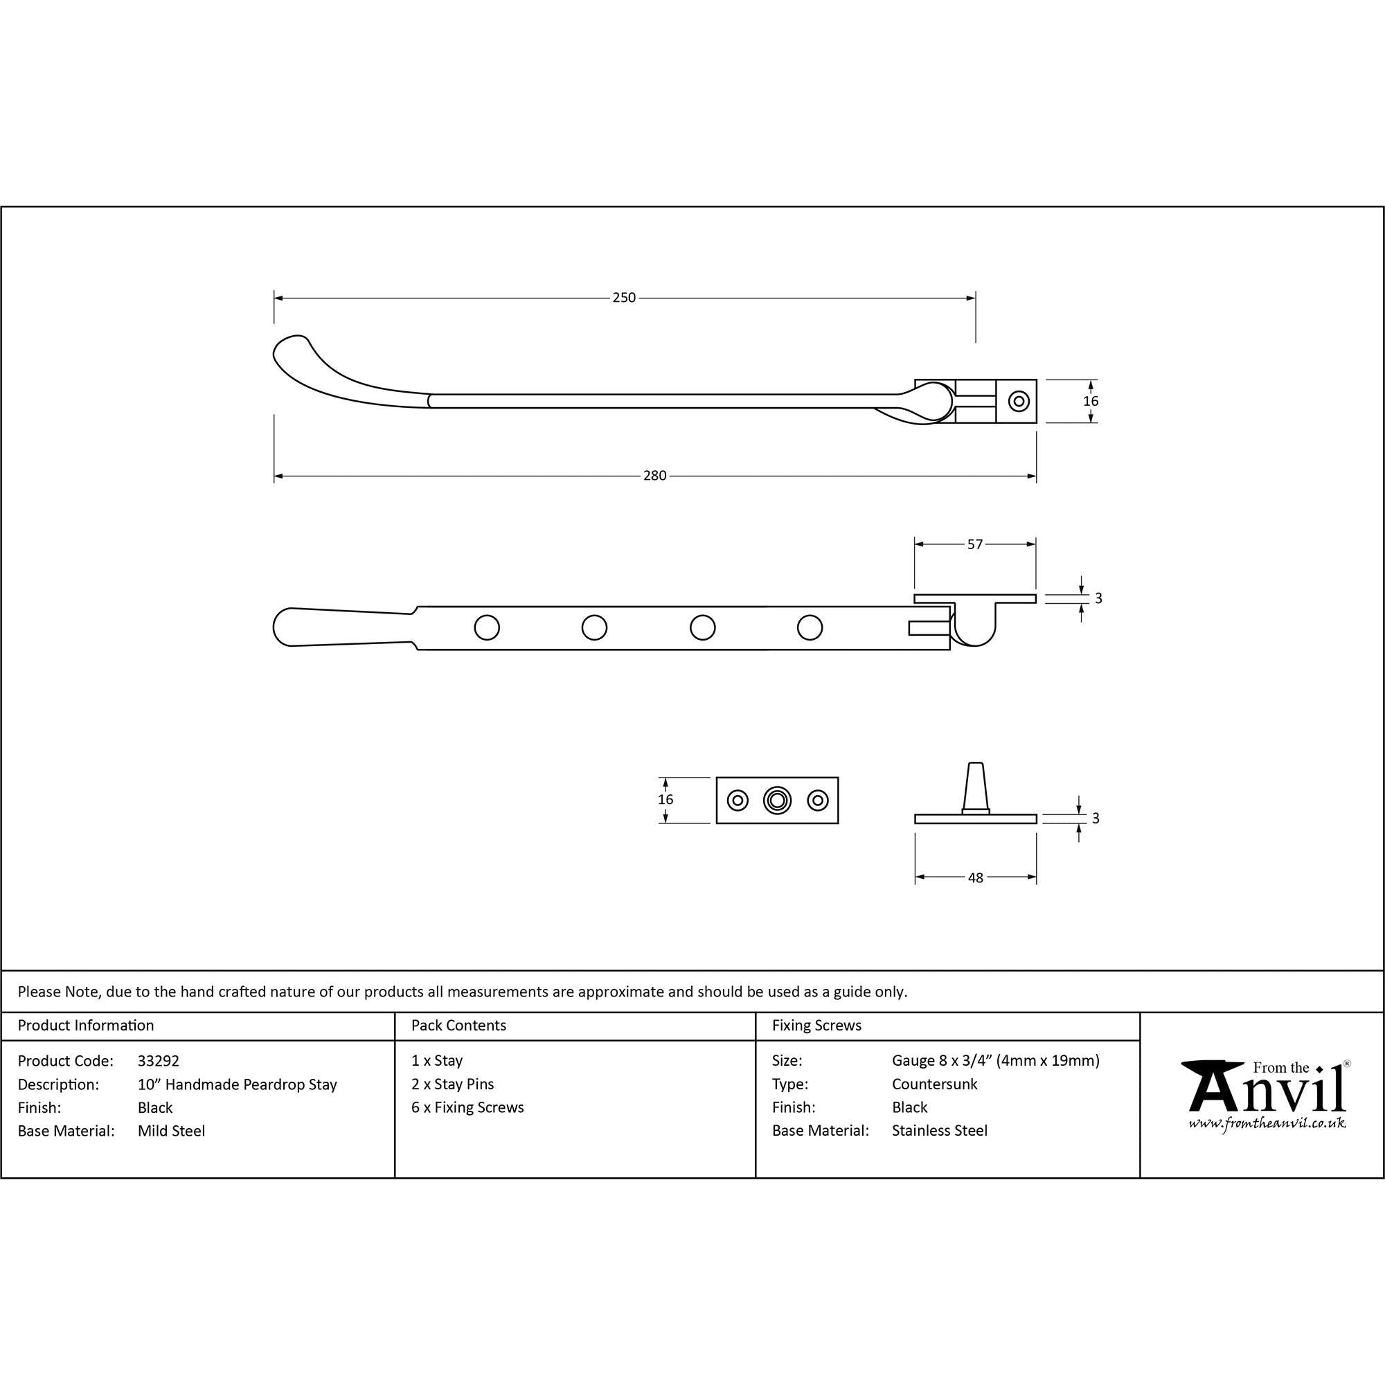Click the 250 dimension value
(624, 298)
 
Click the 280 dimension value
(654, 475)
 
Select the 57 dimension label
(975, 544)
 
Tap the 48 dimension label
(975, 877)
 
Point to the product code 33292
(159, 1061)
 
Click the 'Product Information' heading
(86, 1026)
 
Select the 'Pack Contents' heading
(459, 1026)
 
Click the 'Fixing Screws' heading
(816, 1026)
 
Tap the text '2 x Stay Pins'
(453, 1084)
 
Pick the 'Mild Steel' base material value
(171, 1132)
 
